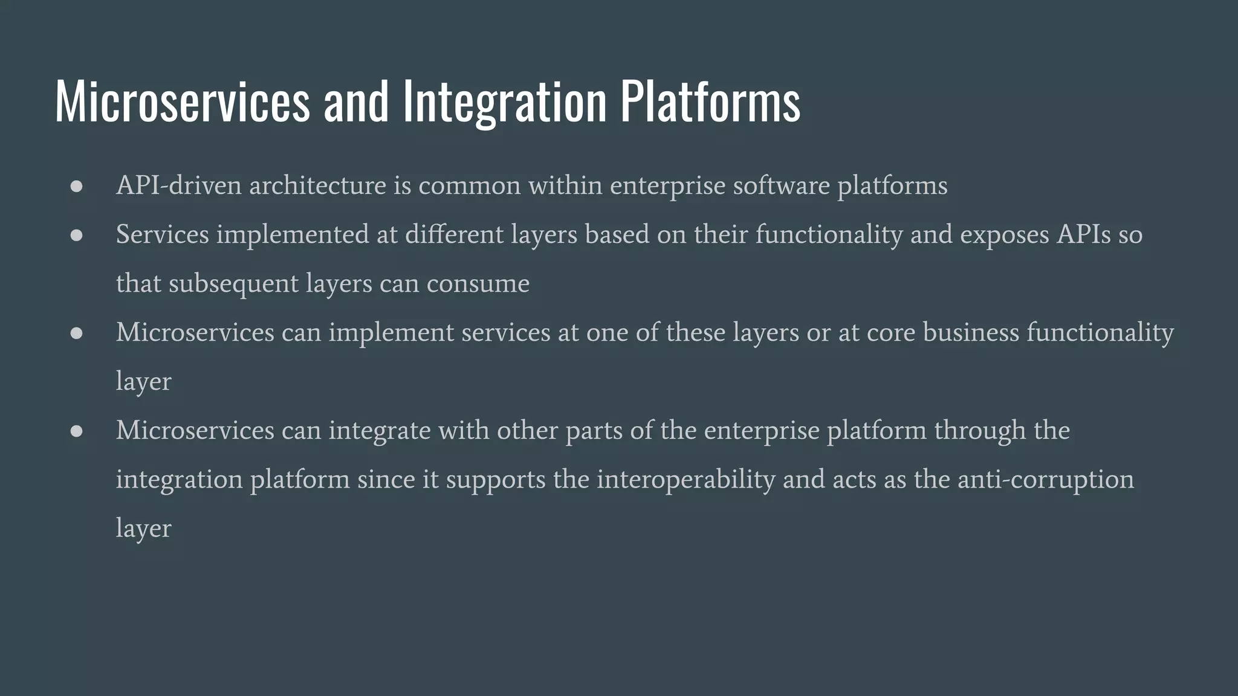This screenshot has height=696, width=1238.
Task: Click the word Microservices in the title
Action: pos(182,101)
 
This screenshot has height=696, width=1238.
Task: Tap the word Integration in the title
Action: pos(504,101)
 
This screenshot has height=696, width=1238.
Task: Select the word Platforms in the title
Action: pos(710,101)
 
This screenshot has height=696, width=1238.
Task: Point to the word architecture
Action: pos(317,185)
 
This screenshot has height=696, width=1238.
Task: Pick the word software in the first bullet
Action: pos(781,185)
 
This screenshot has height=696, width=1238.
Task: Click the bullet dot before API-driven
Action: pos(76,187)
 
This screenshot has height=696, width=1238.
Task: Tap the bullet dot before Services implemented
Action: pos(76,236)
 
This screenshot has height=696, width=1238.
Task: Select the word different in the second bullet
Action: pos(454,234)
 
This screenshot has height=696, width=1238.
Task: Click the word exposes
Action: pos(1004,234)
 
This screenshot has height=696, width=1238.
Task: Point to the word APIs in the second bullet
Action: pos(1083,234)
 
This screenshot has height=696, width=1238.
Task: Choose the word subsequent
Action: pos(233,284)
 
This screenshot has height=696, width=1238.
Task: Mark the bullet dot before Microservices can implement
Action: pos(76,333)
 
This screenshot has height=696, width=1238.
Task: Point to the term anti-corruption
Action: pos(1045,480)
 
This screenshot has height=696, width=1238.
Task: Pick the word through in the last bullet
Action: pos(980,431)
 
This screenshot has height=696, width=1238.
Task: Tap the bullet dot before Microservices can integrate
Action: pos(76,431)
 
